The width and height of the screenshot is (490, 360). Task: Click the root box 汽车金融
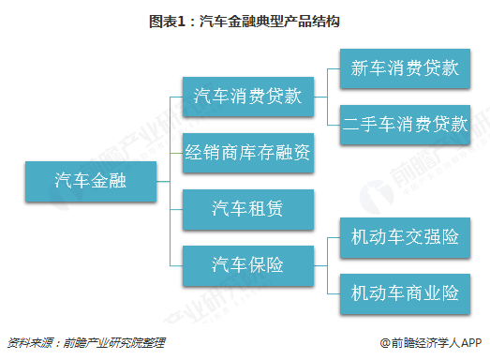tap(91, 177)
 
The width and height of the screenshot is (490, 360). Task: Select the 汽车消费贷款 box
tap(247, 96)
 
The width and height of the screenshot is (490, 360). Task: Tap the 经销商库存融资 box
tap(247, 150)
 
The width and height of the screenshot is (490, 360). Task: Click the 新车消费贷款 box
tap(404, 69)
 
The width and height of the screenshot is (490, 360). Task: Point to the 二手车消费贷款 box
tap(404, 125)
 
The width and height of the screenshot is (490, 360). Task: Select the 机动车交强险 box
tap(404, 237)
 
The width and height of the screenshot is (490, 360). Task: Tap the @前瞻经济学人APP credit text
tap(430, 342)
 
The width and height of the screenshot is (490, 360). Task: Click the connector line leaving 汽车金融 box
tap(163, 177)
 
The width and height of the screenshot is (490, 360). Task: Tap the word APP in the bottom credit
tap(469, 342)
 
